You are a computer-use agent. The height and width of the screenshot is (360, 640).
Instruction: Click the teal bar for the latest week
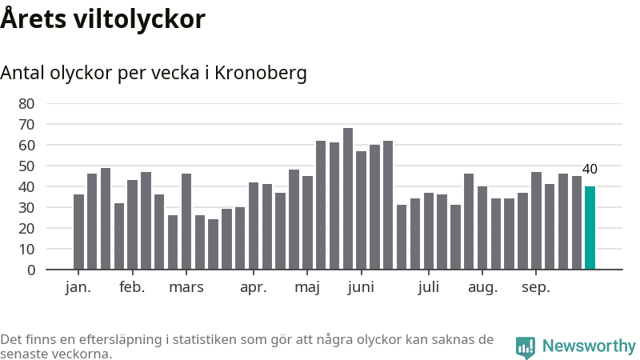coord(590,228)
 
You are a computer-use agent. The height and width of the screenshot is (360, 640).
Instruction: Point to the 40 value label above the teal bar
coord(590,169)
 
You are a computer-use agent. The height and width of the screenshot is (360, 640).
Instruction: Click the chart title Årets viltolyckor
coord(102,19)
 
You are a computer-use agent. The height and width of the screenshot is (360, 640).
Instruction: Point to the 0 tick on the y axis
coord(30,270)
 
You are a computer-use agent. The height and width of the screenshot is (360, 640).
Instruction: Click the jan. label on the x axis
coord(78,288)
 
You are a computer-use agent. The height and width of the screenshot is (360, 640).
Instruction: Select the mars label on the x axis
coord(186,288)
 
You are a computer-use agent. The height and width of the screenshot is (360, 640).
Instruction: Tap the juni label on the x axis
coord(361,288)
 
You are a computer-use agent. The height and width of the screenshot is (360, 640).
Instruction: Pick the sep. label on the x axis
coord(535,288)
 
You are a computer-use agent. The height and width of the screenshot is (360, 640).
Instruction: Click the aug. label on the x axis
coord(482,288)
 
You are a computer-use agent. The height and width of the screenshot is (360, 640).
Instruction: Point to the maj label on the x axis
coord(307,288)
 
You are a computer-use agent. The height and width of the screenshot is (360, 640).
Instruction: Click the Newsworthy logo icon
coord(526,346)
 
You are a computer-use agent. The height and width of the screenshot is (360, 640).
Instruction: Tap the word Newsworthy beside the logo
coord(589,346)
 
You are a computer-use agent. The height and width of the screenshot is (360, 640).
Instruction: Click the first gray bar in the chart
coord(78,232)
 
